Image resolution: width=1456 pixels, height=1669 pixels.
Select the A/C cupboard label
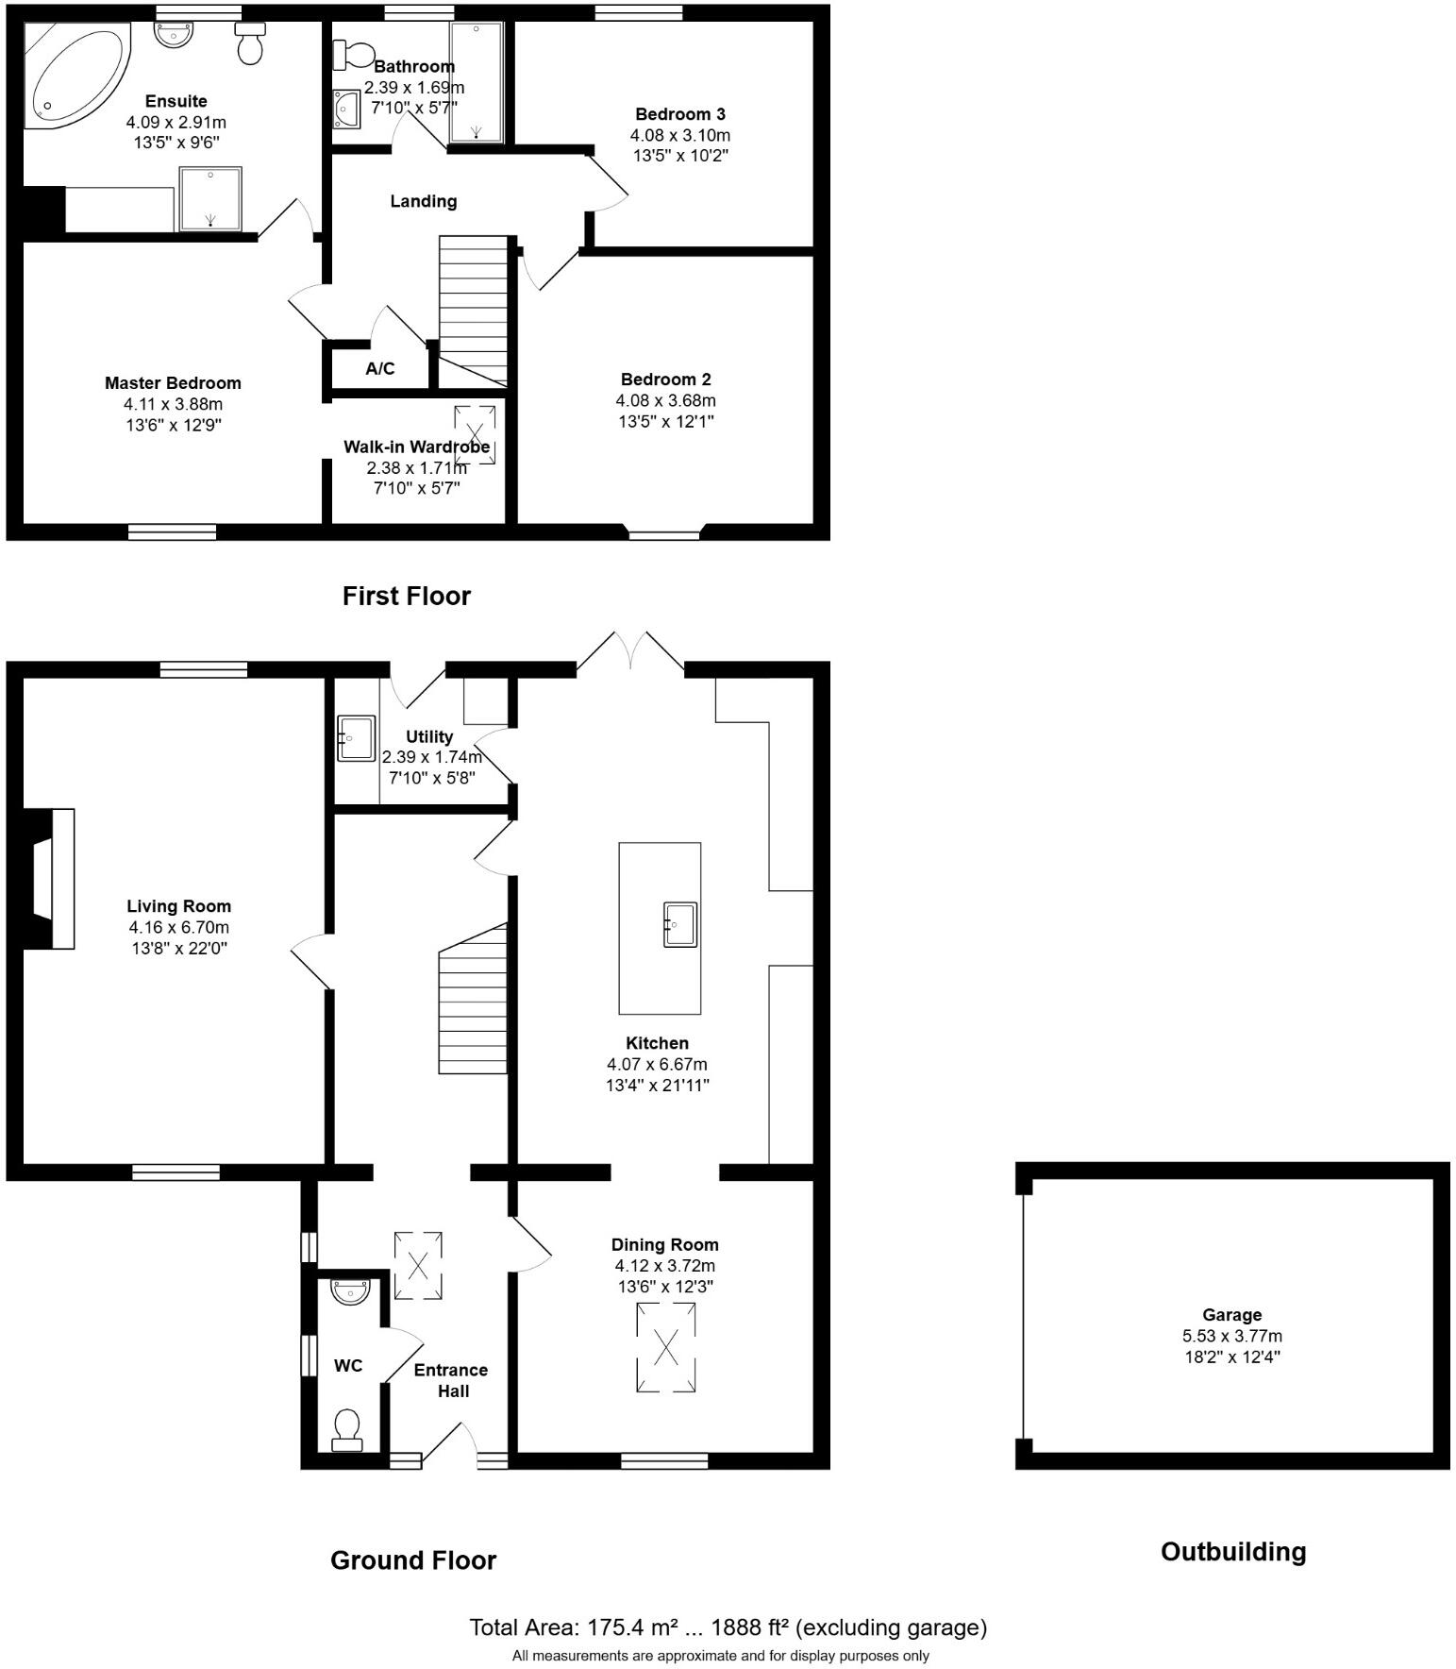(x=380, y=369)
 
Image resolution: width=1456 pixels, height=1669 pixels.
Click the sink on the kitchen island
(x=679, y=924)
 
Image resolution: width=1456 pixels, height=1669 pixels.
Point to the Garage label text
(x=1231, y=1315)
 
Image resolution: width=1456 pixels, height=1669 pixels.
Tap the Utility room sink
(x=356, y=738)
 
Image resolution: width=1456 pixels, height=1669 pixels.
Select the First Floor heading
(x=406, y=596)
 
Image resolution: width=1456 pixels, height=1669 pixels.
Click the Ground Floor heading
(x=412, y=1560)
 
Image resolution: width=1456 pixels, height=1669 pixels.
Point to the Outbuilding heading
(x=1232, y=1552)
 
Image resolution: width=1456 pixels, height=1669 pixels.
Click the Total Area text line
(x=728, y=1627)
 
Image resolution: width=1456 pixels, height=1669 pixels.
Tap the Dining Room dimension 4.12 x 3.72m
(x=664, y=1266)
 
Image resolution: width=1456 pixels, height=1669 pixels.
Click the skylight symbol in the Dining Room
(x=666, y=1347)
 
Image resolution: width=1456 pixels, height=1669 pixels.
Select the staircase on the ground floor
(x=473, y=1001)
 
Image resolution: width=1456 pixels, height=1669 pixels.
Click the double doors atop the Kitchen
(x=630, y=653)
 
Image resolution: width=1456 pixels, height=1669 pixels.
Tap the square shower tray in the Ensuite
(x=209, y=198)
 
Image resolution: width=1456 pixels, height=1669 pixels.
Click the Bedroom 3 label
(x=679, y=114)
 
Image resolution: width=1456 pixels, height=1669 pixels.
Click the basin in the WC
(x=350, y=1291)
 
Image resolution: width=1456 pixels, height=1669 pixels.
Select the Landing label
(x=424, y=201)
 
